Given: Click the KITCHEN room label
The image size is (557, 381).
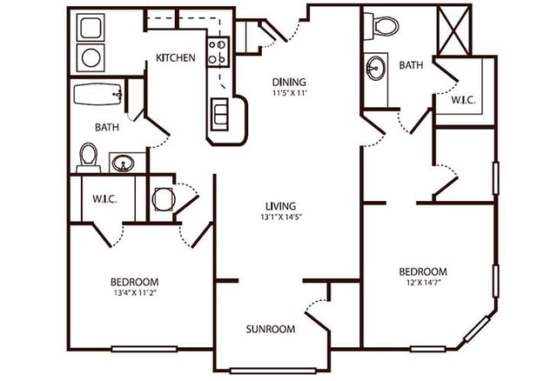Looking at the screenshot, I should (175, 58).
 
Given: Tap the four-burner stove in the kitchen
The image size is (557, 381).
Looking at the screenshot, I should (218, 51).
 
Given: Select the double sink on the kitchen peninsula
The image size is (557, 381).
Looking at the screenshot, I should (222, 112).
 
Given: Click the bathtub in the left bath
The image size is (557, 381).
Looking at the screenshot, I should (97, 93).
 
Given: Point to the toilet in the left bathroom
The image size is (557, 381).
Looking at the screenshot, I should (88, 157).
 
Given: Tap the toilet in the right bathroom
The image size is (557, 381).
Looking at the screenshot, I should (382, 26).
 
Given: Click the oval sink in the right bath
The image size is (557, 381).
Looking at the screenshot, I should (377, 68).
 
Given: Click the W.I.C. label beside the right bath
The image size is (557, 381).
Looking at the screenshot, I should (463, 99).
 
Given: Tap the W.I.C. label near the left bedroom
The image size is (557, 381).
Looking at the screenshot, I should (104, 198).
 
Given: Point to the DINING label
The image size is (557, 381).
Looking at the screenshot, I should (288, 83).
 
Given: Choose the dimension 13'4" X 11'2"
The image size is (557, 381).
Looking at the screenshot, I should (134, 293).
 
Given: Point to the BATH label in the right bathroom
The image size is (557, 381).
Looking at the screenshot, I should (411, 65).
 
